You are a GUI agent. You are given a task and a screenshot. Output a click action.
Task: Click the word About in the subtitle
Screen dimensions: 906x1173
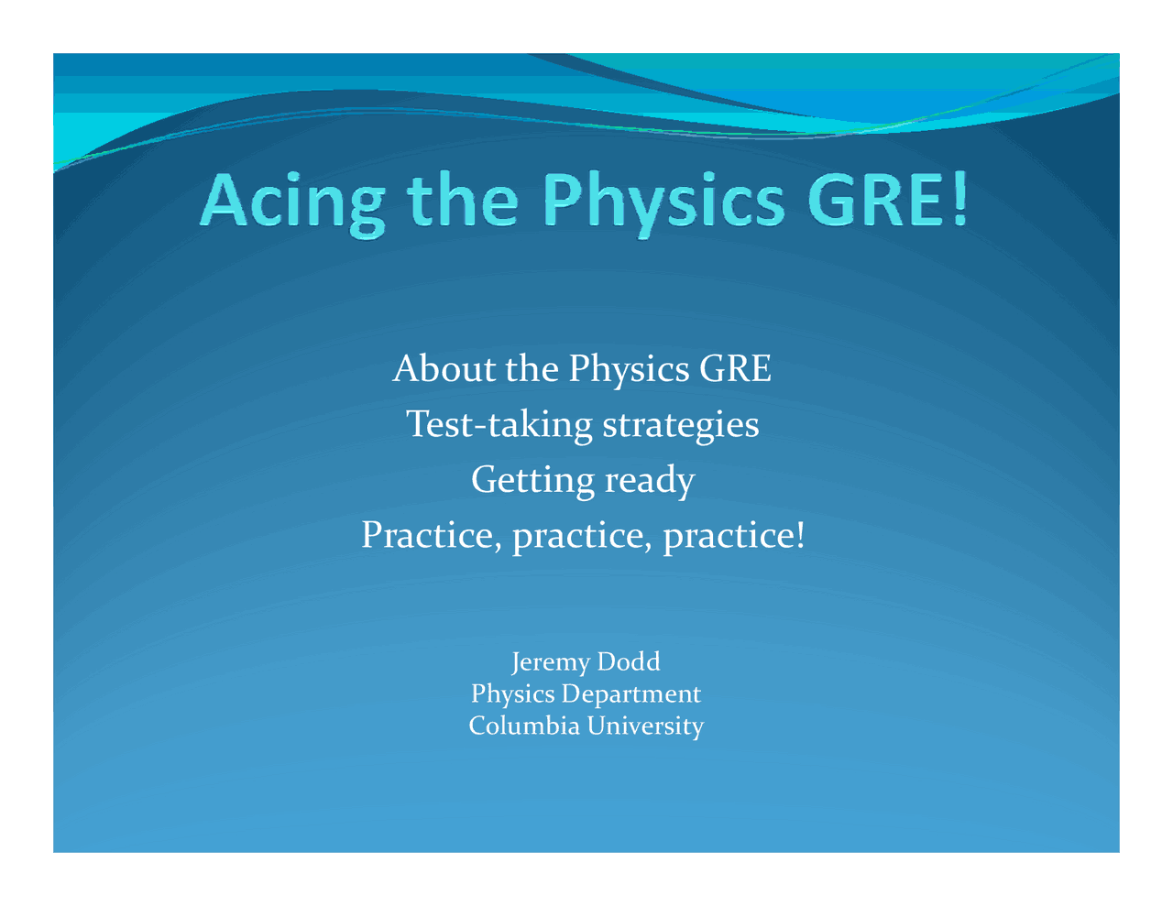[430, 368]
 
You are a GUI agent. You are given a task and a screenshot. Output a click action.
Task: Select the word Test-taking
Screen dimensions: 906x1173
[499, 423]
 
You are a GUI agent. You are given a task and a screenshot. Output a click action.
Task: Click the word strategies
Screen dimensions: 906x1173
[680, 425]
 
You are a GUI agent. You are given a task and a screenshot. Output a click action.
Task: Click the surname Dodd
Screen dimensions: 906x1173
[628, 660]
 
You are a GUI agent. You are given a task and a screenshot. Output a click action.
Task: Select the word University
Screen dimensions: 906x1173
[645, 726]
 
